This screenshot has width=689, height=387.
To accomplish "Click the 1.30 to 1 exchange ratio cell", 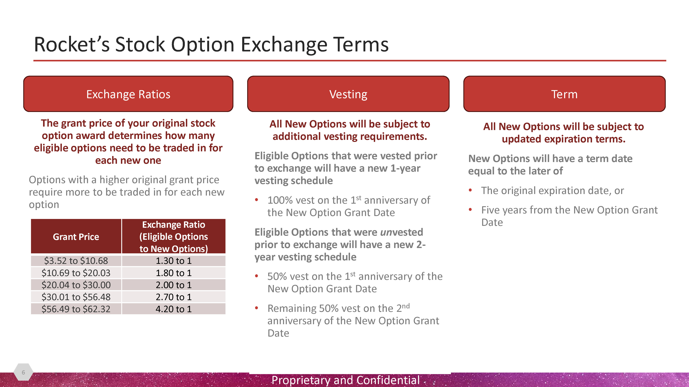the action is pyautogui.click(x=174, y=261).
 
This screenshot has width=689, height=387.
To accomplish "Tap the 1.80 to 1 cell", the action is pyautogui.click(x=174, y=273).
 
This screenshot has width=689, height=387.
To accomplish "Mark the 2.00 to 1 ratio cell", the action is pyautogui.click(x=174, y=285).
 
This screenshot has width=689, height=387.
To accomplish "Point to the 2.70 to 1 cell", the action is pyautogui.click(x=174, y=297).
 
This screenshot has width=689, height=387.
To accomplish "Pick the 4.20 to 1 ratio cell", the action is pyautogui.click(x=174, y=309).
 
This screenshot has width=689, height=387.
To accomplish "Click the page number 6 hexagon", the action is pyautogui.click(x=23, y=372).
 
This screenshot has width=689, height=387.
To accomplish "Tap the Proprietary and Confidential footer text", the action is pyautogui.click(x=346, y=380).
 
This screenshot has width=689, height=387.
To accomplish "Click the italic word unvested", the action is pyautogui.click(x=402, y=232).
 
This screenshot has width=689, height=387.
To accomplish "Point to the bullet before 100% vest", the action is pyautogui.click(x=256, y=200).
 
